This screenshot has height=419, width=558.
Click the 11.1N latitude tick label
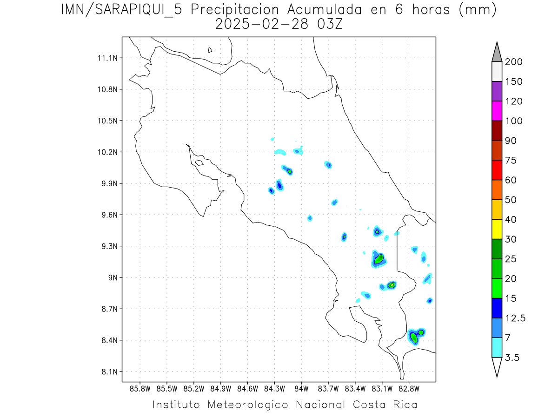tap(106, 58)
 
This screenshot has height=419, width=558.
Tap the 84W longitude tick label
tap(301, 388)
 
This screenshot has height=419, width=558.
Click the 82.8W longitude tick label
tap(409, 388)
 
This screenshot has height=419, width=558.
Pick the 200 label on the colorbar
tap(514, 62)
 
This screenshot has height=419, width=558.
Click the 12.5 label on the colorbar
tap(516, 318)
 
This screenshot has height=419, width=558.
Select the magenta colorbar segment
tap(497, 111)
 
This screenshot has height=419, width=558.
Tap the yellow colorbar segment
tap(497, 229)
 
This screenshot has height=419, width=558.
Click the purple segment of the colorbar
tap(497, 91)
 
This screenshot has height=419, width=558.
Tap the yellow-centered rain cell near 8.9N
tap(392, 284)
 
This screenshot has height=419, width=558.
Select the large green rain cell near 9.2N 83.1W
tap(379, 259)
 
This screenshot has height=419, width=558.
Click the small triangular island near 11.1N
tap(210, 50)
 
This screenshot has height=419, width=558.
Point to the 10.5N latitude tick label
tap(106, 121)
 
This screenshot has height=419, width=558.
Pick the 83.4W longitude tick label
tap(355, 388)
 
